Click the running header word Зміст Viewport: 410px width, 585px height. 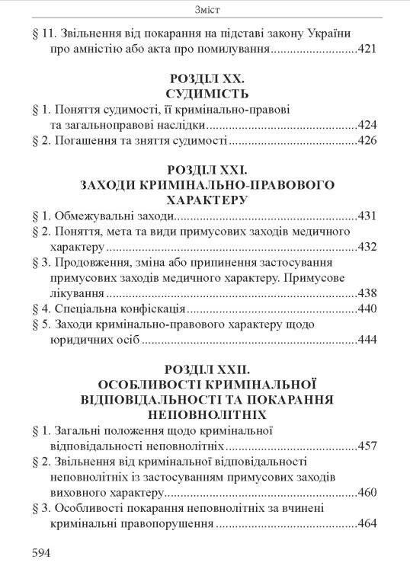pyautogui.click(x=204, y=9)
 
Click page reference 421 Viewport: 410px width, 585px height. pyautogui.click(x=367, y=51)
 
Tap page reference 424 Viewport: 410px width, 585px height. pyautogui.click(x=367, y=125)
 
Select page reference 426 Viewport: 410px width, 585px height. pyautogui.click(x=367, y=141)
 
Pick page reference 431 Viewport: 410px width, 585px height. pyautogui.click(x=367, y=216)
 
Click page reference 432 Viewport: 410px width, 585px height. pyautogui.click(x=367, y=248)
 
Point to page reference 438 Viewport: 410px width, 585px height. pyautogui.click(x=367, y=294)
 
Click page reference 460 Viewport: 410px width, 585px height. pyautogui.click(x=367, y=493)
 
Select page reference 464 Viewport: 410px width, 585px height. pyautogui.click(x=367, y=524)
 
